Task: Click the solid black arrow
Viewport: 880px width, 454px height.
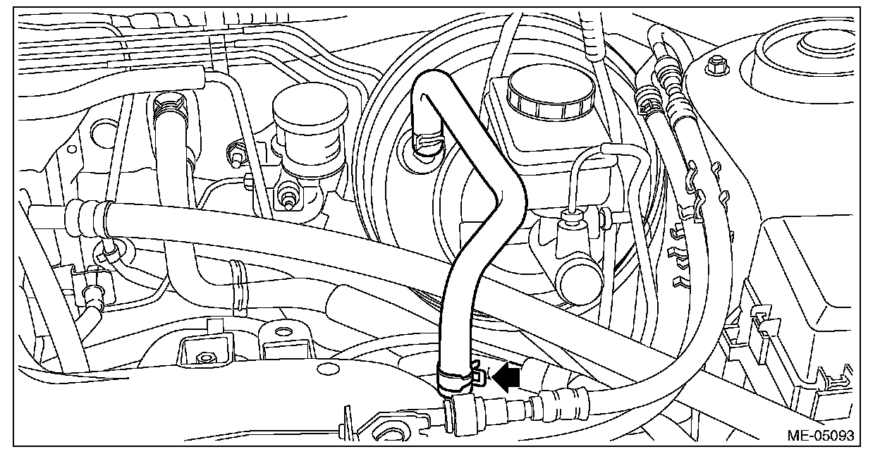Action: click(507, 376)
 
